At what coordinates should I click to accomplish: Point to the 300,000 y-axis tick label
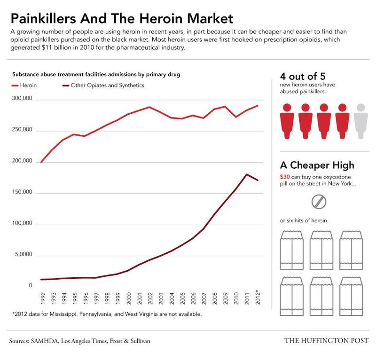point(21,100)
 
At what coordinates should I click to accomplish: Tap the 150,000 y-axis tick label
point(21,193)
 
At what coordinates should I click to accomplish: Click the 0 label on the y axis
point(30,285)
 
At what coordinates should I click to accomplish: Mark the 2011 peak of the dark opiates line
point(247,174)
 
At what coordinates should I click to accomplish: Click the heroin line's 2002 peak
point(149,107)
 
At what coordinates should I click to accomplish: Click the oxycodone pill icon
point(319,201)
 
